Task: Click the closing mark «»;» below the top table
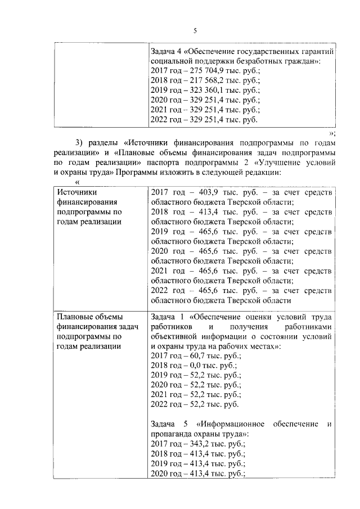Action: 332,133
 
